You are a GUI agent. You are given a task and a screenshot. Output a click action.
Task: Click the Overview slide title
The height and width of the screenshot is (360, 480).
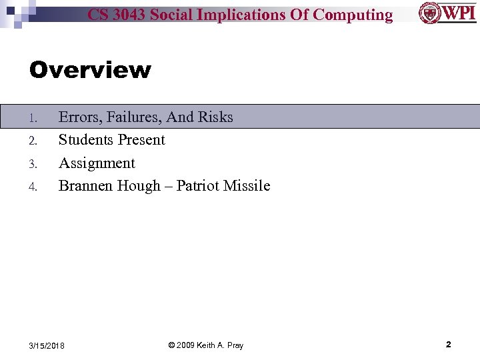[90, 69]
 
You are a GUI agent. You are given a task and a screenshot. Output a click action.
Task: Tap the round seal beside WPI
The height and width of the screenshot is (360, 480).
[430, 13]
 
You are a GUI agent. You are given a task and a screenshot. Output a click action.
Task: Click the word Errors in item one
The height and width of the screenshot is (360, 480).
[79, 117]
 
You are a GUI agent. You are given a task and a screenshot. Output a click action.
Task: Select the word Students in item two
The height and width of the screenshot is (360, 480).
[85, 140]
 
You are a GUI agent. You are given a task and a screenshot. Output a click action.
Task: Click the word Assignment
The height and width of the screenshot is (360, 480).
[97, 163]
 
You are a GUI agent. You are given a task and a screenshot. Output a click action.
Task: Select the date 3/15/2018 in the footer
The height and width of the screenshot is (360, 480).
[47, 345]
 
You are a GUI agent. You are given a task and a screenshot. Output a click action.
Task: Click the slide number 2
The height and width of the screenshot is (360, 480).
[448, 345]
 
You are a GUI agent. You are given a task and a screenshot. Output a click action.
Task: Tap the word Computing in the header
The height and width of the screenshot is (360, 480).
[353, 15]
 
